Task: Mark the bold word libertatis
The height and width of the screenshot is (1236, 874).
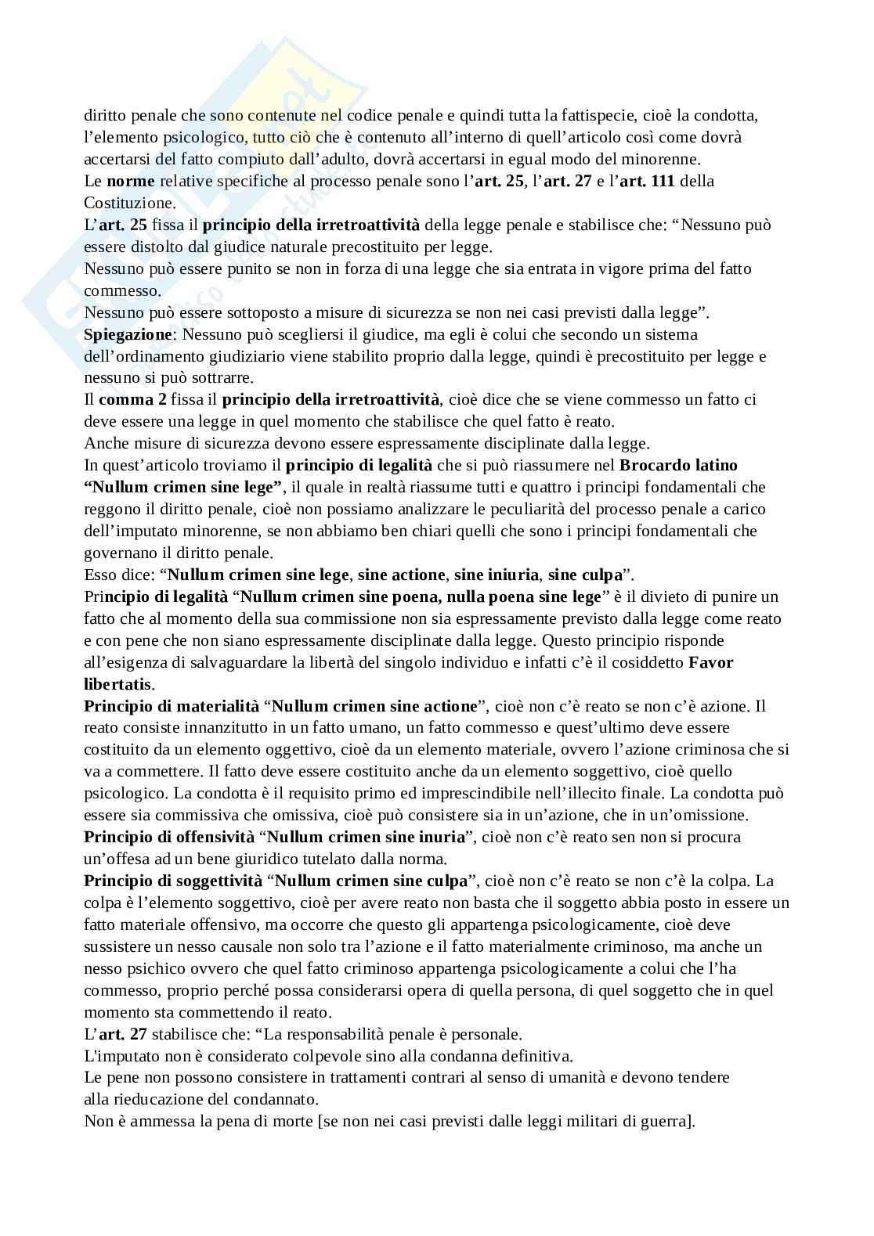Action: (118, 683)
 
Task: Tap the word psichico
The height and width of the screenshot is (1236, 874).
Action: (147, 968)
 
